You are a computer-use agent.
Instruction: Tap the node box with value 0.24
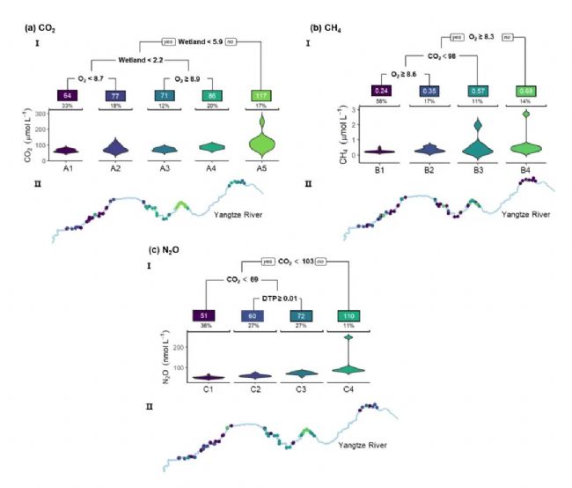pyautogui.click(x=379, y=91)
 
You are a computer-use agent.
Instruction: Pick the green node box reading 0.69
pyautogui.click(x=525, y=91)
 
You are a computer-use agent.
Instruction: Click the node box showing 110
pyautogui.click(x=352, y=316)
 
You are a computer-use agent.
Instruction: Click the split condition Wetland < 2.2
pyautogui.click(x=142, y=61)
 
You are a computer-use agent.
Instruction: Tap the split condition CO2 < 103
pyautogui.click(x=297, y=261)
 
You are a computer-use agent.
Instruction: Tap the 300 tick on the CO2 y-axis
pyautogui.click(x=42, y=115)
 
